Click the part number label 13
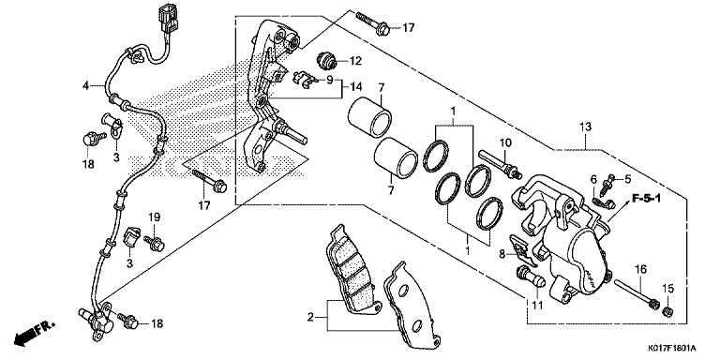coord(585,127)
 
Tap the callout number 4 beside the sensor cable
coord(85,85)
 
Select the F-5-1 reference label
coord(646,199)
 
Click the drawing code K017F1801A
coord(672,349)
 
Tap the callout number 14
coord(356,87)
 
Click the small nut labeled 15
coord(668,312)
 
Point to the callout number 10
coord(505,142)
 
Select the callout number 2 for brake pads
coord(311,317)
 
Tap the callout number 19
coord(154,217)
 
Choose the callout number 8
coord(502,253)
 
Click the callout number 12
coord(356,61)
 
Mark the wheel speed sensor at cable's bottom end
coord(97,321)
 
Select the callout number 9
coord(330,80)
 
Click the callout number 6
coord(593,179)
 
